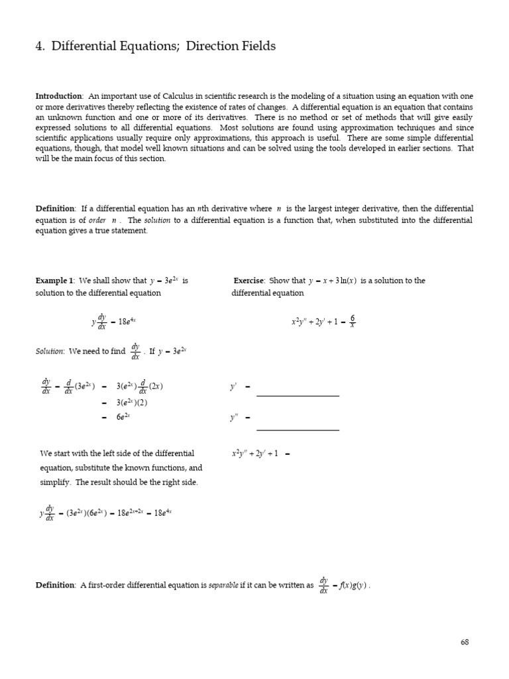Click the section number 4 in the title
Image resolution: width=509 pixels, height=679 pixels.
38,46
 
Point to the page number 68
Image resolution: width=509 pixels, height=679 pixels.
464,643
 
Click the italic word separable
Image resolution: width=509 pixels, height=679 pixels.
224,585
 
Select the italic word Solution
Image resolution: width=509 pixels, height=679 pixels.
50,351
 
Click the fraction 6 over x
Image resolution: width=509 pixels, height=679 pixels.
352,322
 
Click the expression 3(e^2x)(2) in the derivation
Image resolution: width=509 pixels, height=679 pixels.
134,402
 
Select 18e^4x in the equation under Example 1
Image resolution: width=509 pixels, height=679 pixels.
127,322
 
